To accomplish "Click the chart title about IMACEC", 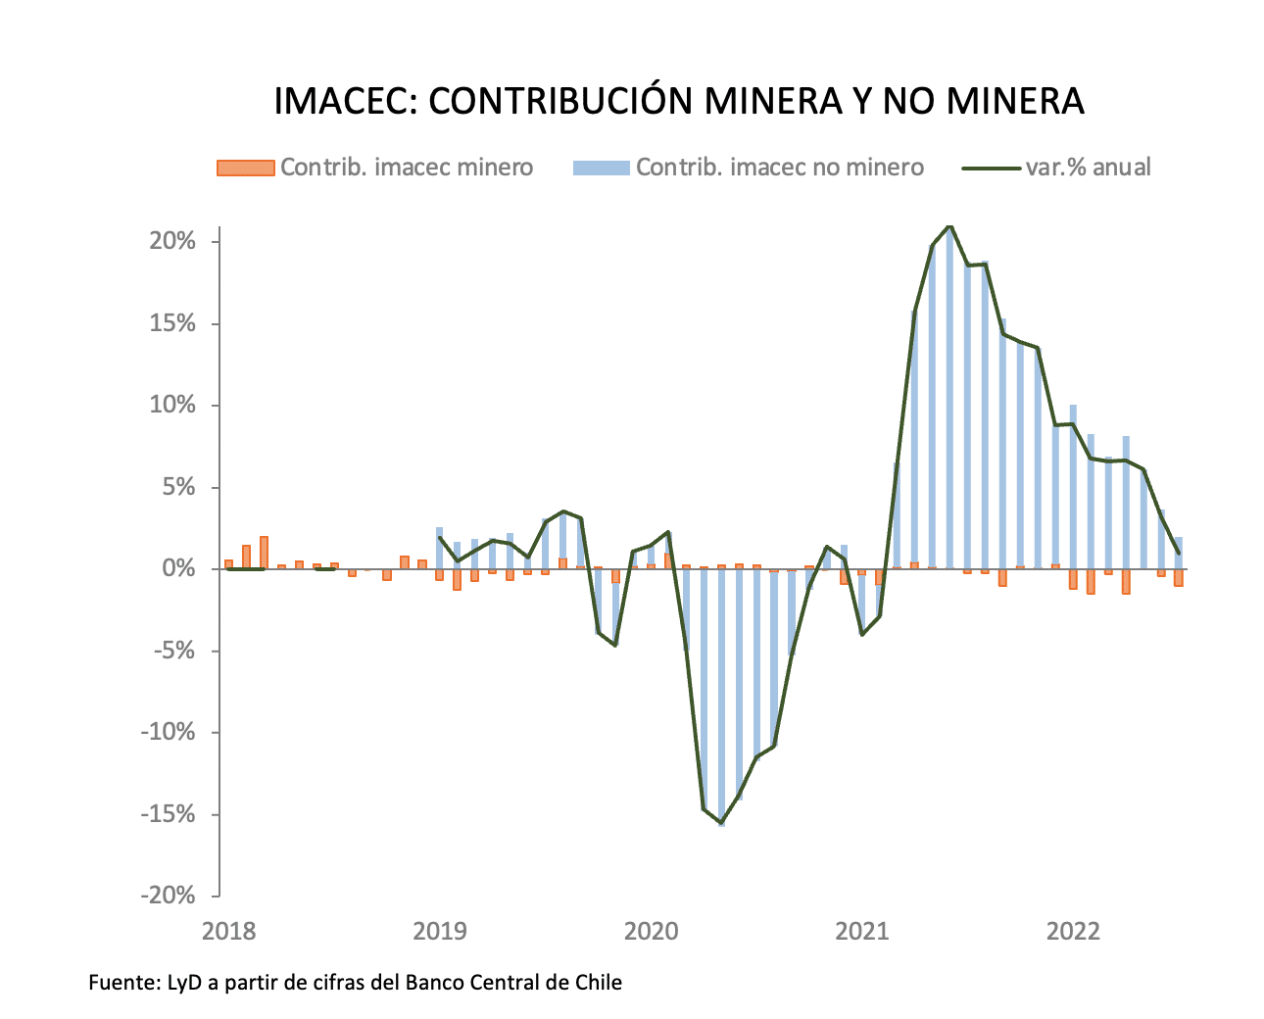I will (678, 101).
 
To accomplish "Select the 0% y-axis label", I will (186, 569).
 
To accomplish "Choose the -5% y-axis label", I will (181, 651).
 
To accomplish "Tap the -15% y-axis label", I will (176, 814).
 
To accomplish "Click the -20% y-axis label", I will (176, 896).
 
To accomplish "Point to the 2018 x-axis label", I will (228, 931).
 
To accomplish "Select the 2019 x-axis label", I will (440, 931).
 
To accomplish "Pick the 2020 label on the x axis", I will (652, 931).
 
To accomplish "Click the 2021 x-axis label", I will (862, 931).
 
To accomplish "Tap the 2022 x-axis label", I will (1074, 931).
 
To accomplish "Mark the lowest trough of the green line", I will (721, 822).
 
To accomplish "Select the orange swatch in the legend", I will (245, 168).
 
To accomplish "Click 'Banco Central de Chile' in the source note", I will (513, 982).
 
